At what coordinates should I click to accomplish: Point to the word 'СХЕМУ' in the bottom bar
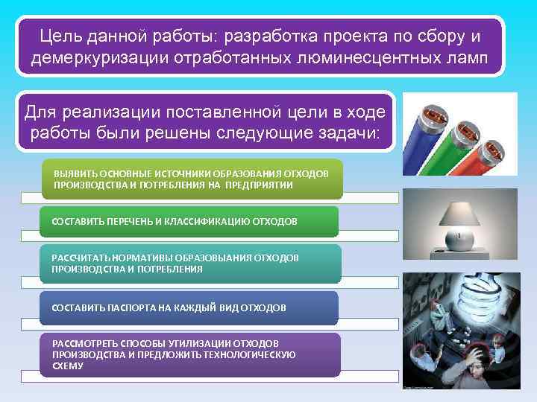pos(68,366)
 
